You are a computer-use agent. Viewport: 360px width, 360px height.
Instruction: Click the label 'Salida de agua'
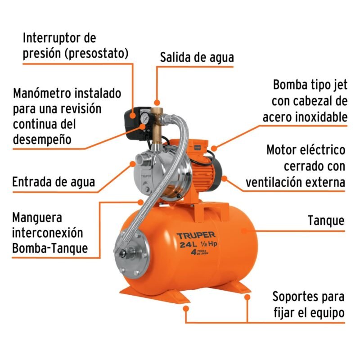(x=197, y=58)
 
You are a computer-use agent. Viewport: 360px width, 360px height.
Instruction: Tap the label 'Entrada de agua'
(x=54, y=182)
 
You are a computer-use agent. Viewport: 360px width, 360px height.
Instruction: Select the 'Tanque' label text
(x=326, y=220)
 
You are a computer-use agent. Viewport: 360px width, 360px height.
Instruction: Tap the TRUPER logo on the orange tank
(x=196, y=235)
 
